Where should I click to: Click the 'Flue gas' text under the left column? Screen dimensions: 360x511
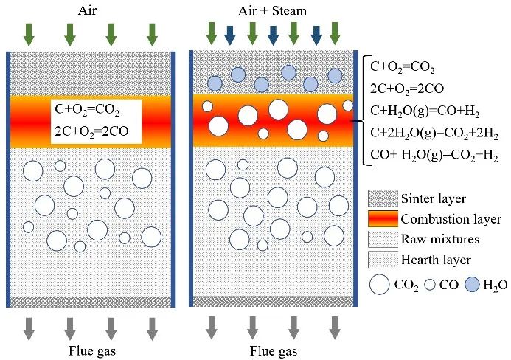coord(89,349)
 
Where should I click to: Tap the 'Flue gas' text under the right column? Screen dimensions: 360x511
coord(273,349)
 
